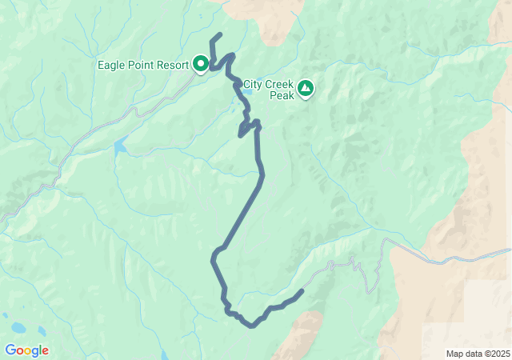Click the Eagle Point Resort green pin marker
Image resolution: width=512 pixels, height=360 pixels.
(201, 63)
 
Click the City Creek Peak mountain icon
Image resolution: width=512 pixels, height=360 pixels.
(305, 88)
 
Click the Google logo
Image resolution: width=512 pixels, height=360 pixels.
(26, 350)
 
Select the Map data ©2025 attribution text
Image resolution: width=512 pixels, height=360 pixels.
(477, 354)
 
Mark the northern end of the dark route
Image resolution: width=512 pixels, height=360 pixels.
(220, 34)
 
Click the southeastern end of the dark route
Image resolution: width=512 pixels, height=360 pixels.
(302, 290)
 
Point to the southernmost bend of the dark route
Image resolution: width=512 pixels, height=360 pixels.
(253, 326)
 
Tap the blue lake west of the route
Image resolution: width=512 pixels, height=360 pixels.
(119, 147)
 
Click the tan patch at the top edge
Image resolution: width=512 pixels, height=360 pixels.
(276, 20)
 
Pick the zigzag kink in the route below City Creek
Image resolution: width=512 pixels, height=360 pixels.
(249, 128)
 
